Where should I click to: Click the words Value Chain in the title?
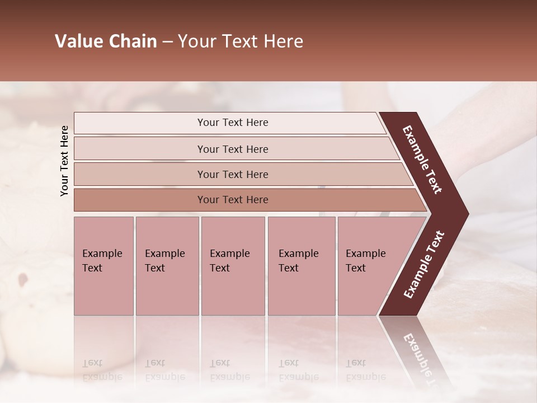[106, 42]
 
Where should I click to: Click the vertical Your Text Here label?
[64, 161]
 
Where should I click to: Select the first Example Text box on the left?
[103, 266]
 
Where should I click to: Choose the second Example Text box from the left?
[167, 266]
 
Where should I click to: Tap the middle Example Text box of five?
[233, 266]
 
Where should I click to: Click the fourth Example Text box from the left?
[301, 266]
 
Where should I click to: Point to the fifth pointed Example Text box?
[372, 266]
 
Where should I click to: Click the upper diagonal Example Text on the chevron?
[422, 160]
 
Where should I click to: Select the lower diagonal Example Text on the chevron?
[424, 265]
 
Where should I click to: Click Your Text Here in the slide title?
[241, 42]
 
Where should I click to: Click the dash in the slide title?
[167, 42]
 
